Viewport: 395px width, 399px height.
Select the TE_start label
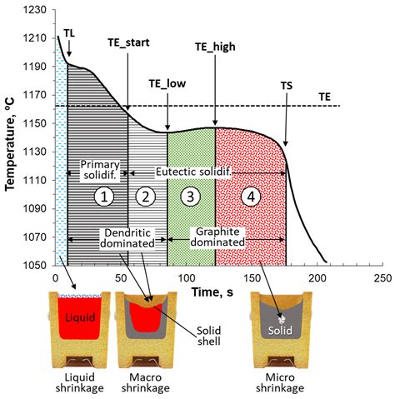128,42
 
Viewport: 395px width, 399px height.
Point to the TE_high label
214,47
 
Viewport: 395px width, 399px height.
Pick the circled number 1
102,197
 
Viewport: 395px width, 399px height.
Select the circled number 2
146,197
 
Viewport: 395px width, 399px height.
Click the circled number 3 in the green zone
191,197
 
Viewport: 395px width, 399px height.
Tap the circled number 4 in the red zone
247,197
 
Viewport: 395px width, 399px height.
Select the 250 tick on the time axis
382,277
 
